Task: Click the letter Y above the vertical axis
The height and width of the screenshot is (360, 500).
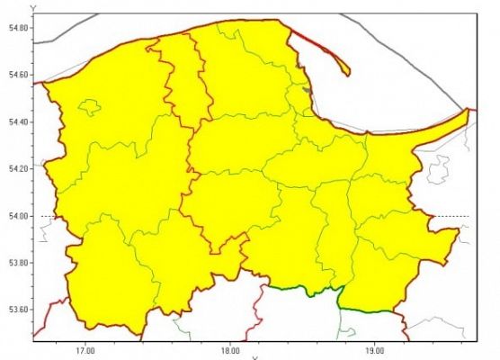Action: tap(33, 8)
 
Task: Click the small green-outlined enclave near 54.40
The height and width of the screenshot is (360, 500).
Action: tap(89, 108)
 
